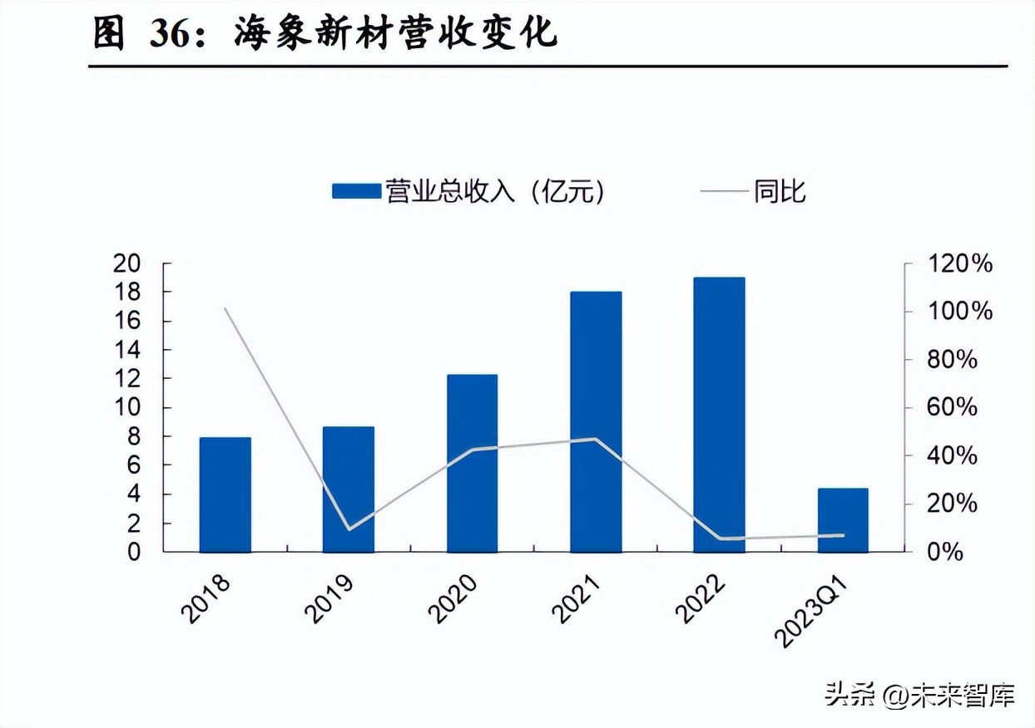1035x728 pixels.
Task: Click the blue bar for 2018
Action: coord(225,494)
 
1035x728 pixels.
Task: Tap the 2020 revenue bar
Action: coord(472,463)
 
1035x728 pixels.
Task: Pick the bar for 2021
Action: coord(596,421)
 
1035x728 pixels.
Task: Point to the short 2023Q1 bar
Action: coord(843,519)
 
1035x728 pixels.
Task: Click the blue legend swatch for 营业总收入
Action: coord(356,192)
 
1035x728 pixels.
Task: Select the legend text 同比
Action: coord(780,192)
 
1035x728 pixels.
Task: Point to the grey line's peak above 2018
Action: coord(225,308)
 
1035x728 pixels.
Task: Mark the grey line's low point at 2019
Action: coord(349,529)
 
